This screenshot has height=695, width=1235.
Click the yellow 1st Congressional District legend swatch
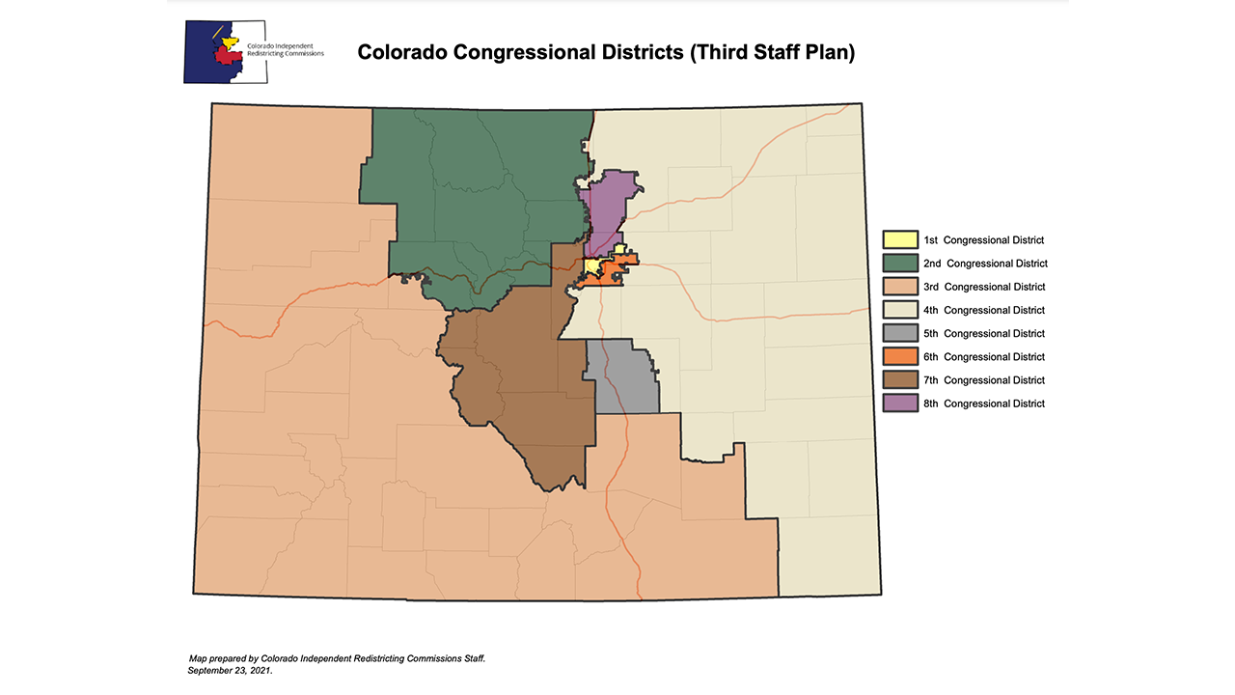(900, 239)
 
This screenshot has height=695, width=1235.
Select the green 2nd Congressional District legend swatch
(900, 263)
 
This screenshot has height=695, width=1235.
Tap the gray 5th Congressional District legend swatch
(900, 333)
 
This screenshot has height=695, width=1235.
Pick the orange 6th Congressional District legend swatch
(900, 356)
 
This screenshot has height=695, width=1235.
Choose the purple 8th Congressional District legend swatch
(900, 403)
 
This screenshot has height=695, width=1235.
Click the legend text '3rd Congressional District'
(983, 287)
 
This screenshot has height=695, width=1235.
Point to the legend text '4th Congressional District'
(983, 310)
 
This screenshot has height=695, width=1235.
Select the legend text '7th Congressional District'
(983, 380)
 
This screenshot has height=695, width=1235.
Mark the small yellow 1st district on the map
(591, 267)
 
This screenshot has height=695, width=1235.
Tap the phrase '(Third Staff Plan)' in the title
(773, 52)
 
